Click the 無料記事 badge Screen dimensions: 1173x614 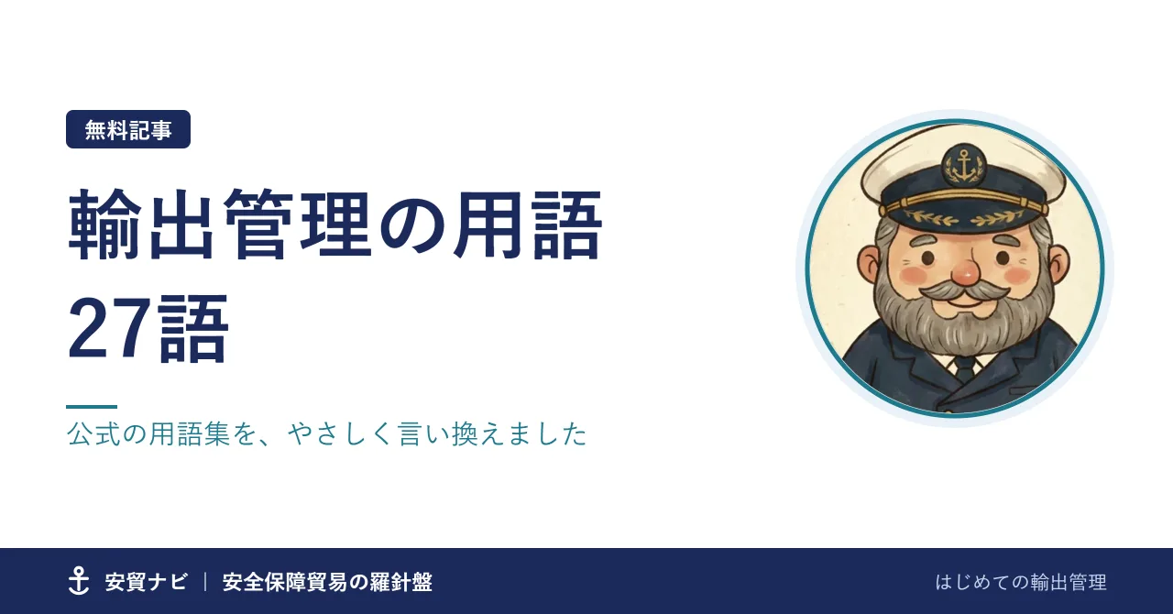click(x=128, y=129)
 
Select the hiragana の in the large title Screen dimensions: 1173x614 click(x=412, y=225)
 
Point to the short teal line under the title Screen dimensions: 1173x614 click(x=92, y=407)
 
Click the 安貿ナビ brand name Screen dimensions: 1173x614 click(x=146, y=582)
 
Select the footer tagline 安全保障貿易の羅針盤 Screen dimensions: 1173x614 click(x=327, y=582)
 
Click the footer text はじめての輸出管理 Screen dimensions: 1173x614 click(x=1021, y=582)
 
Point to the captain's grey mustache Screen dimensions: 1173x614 click(x=964, y=291)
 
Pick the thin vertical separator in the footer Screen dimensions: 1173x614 click(x=205, y=582)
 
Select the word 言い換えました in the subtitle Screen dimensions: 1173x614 click(x=493, y=434)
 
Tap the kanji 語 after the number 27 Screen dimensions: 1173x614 click(x=193, y=328)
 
